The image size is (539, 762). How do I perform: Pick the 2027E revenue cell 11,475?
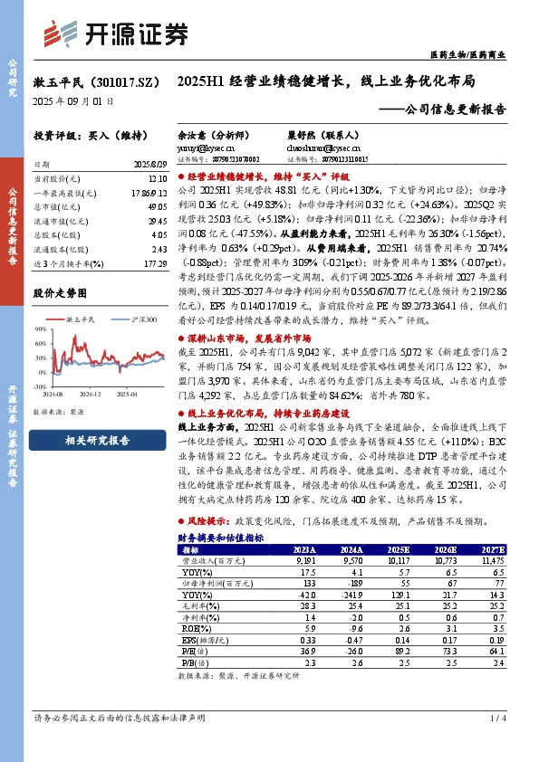coord(490,560)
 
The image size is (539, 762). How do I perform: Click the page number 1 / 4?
coord(496,718)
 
